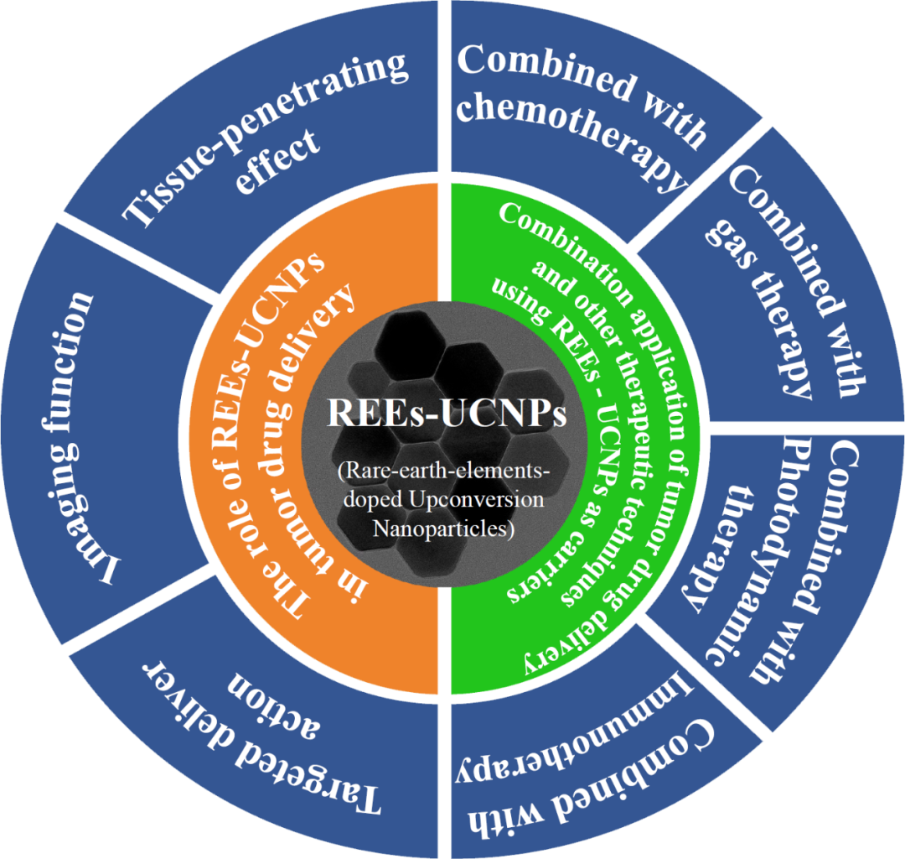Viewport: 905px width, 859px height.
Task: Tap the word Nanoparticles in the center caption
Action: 445,529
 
